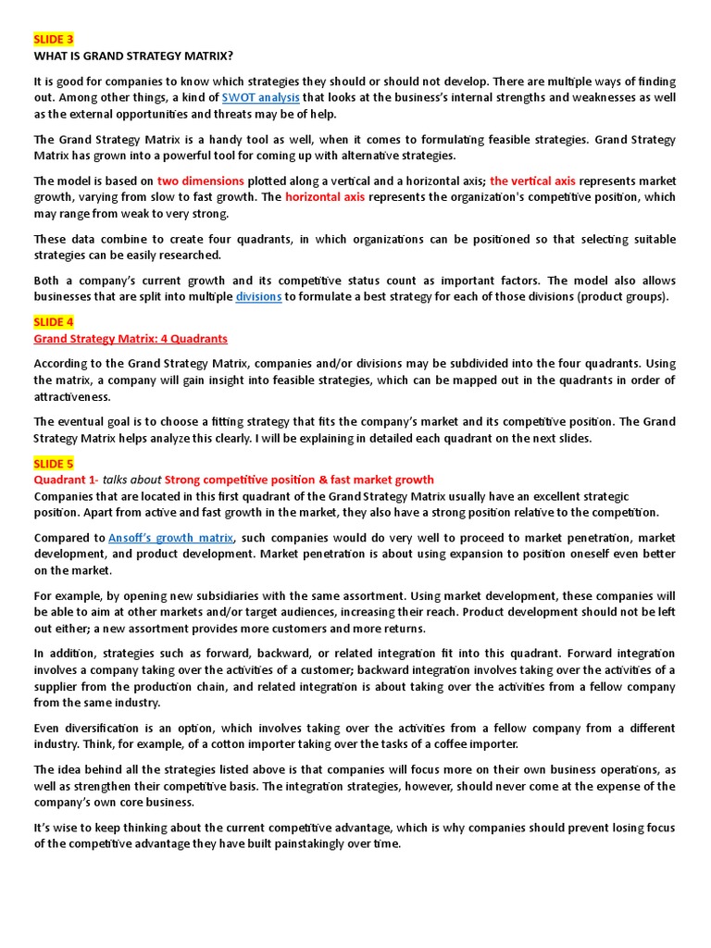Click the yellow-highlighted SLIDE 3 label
pos(54,40)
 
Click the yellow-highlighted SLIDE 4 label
pos(54,322)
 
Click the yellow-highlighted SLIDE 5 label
pos(54,464)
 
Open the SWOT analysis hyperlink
pos(260,97)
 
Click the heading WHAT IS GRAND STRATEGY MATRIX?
pos(133,56)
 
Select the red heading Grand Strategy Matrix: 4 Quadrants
pos(131,339)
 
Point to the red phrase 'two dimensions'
pos(201,181)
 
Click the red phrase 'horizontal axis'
pos(325,197)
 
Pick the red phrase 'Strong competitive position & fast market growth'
pos(299,480)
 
